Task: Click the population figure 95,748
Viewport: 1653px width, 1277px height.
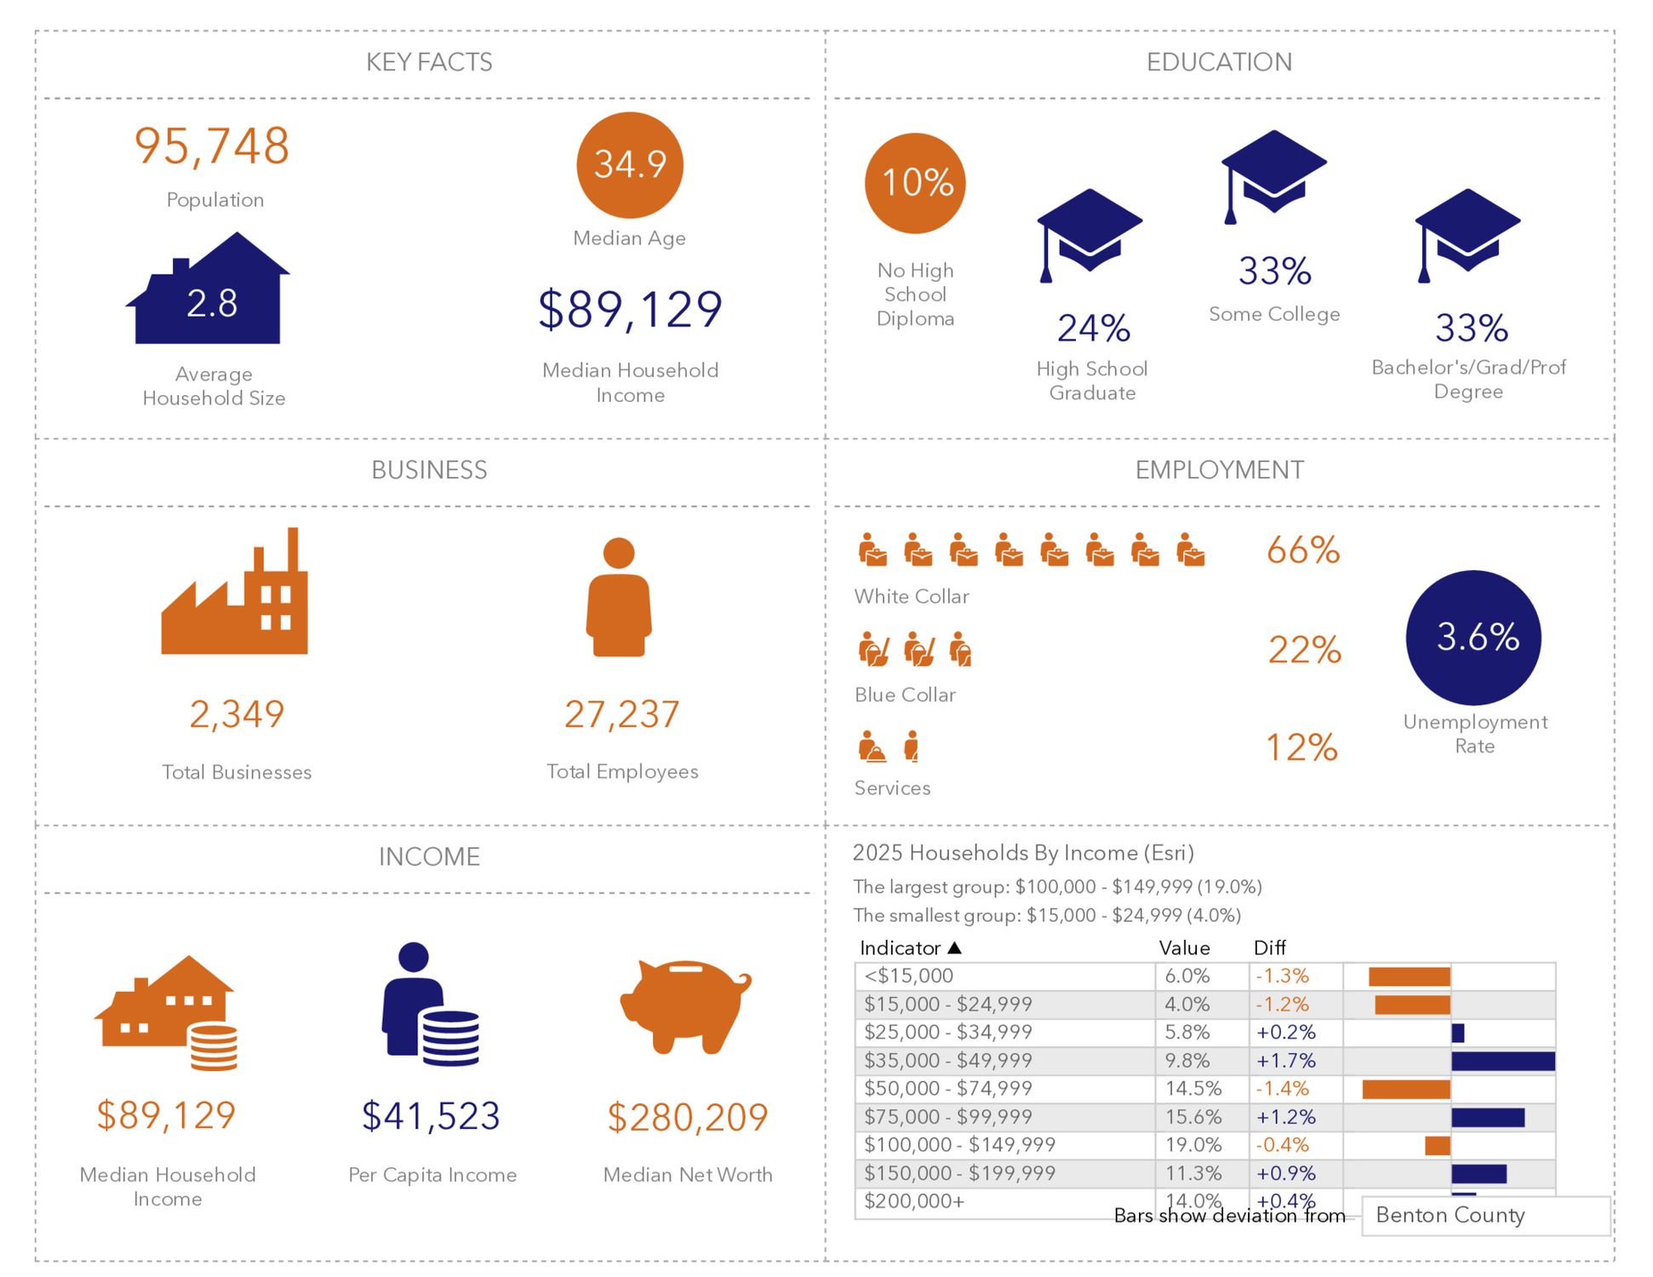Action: click(x=212, y=146)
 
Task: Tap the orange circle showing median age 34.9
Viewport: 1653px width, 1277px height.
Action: click(x=629, y=164)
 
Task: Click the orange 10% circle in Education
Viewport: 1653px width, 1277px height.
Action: click(x=915, y=183)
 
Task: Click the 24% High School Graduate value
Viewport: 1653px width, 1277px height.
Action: click(x=1093, y=329)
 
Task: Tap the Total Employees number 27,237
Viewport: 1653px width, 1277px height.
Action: click(x=621, y=714)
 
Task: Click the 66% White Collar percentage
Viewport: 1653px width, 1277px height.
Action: click(x=1302, y=551)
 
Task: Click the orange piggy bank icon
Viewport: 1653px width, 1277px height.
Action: click(x=685, y=1005)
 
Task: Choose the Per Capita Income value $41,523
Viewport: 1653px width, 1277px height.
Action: click(x=431, y=1116)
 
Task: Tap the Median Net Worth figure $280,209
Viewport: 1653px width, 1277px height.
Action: click(x=687, y=1117)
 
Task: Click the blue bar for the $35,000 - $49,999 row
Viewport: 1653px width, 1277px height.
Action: click(x=1502, y=1061)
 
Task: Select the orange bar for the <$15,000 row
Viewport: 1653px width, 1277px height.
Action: click(x=1409, y=976)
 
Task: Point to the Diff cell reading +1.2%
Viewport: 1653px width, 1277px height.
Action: click(x=1285, y=1117)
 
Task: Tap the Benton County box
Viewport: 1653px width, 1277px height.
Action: click(x=1484, y=1215)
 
